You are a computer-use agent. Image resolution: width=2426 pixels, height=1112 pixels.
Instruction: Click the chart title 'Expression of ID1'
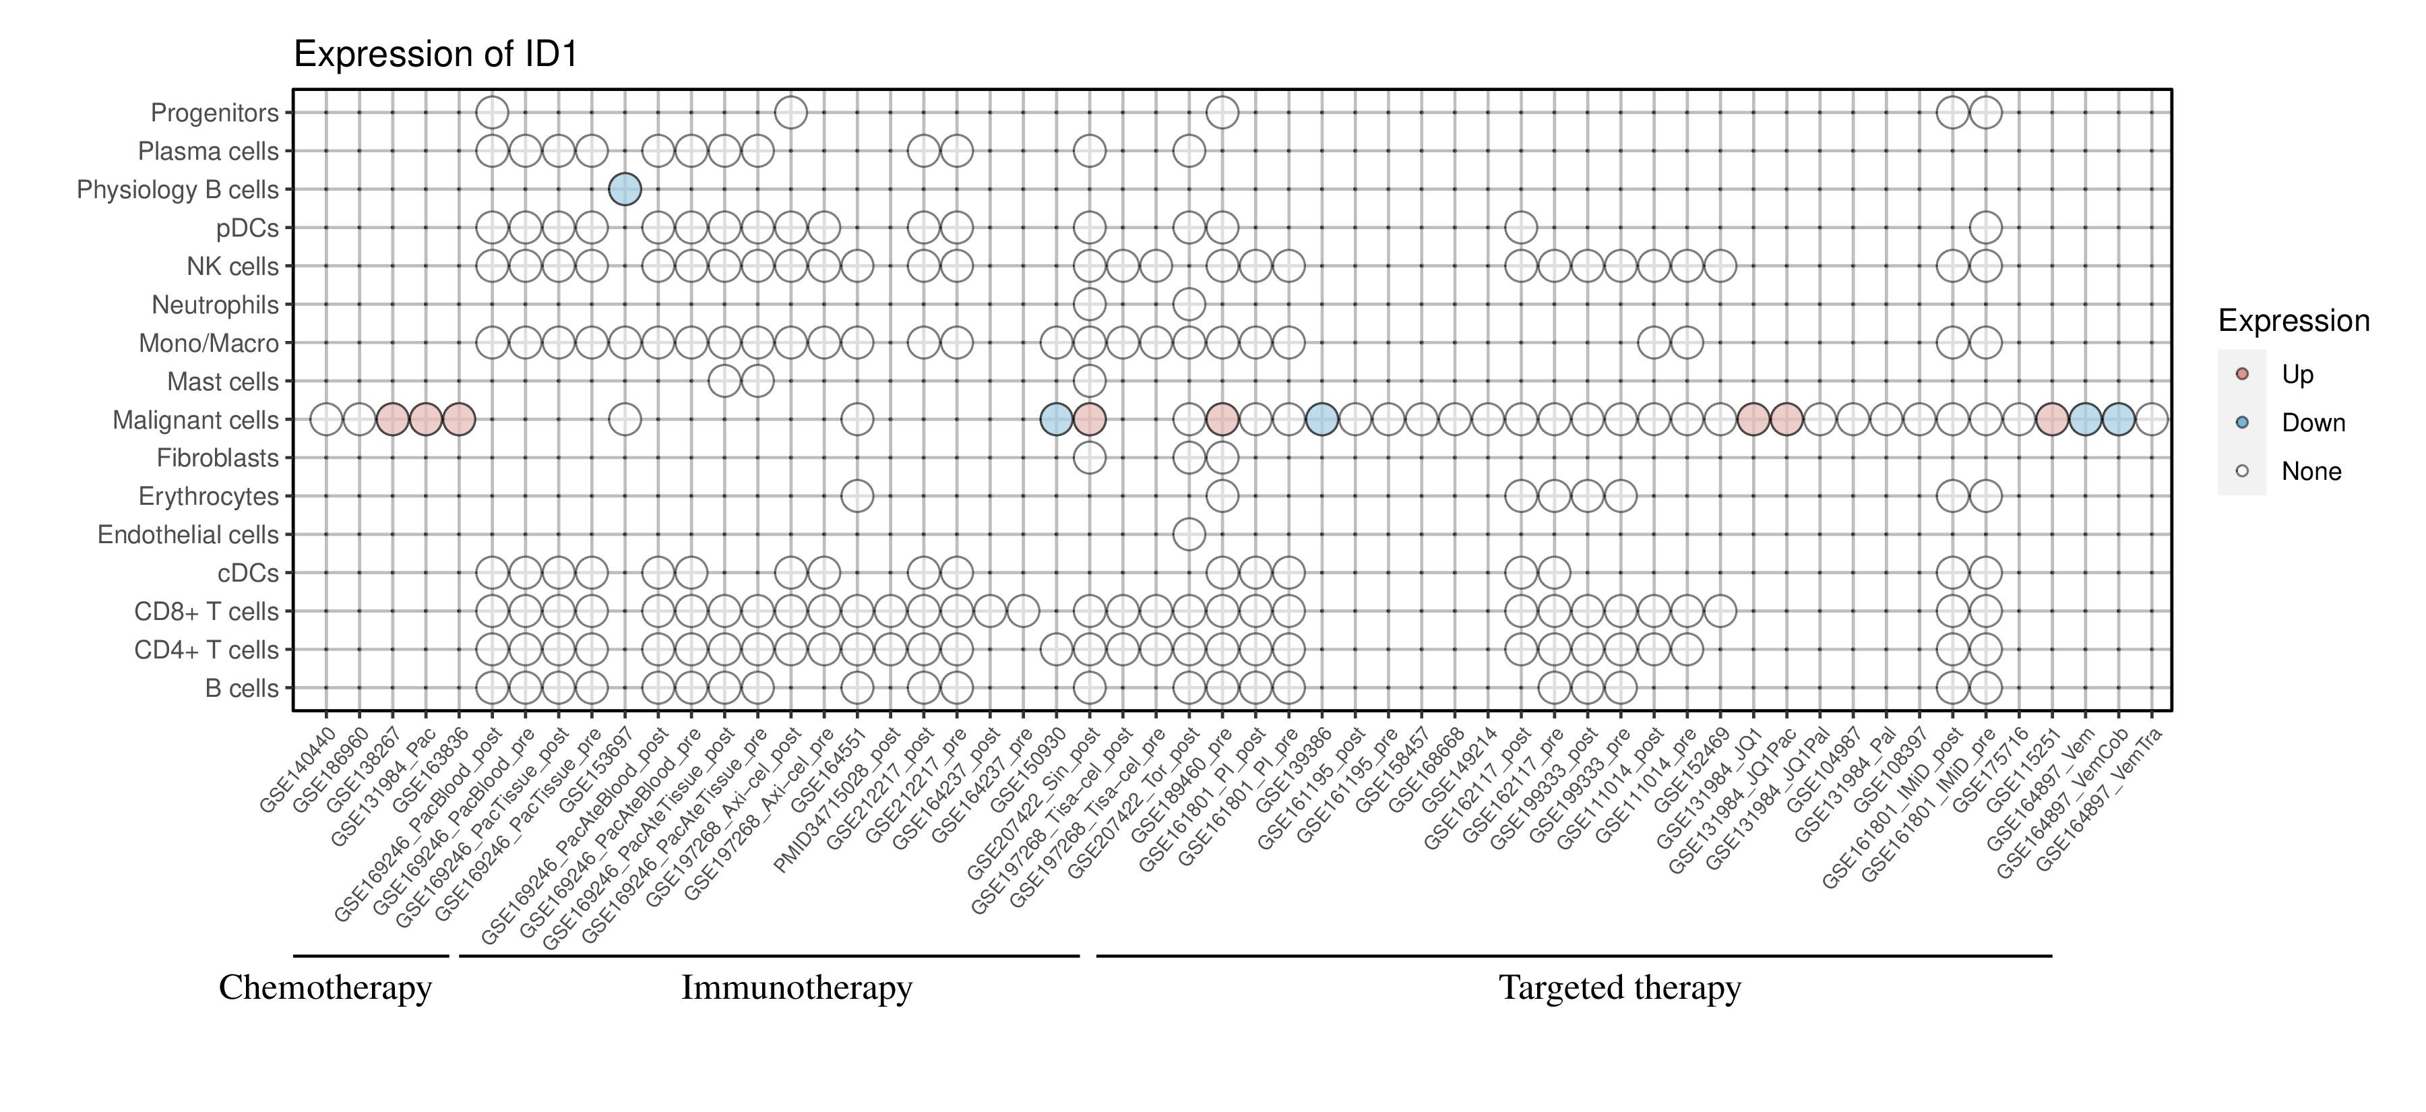(x=435, y=55)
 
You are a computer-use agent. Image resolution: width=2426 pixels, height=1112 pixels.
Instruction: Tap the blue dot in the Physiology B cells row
(x=625, y=189)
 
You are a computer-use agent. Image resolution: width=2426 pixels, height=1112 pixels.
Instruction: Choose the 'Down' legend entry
(x=2312, y=423)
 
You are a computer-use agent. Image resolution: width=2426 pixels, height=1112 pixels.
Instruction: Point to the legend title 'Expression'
(x=2293, y=321)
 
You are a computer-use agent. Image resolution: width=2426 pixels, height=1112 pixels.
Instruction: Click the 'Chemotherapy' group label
(x=325, y=988)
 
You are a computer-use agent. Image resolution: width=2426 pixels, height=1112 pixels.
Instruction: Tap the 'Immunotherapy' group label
(x=797, y=988)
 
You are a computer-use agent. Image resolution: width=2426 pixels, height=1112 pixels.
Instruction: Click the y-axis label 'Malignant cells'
(x=196, y=420)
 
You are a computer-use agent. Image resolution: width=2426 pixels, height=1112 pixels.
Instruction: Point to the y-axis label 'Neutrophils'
(x=215, y=305)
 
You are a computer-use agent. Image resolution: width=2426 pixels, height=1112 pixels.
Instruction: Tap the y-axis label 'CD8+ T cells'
(x=206, y=612)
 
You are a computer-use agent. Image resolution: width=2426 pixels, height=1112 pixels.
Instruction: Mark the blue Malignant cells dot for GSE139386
(x=1321, y=419)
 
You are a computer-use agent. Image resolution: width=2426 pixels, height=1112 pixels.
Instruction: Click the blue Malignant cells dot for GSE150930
(x=1056, y=419)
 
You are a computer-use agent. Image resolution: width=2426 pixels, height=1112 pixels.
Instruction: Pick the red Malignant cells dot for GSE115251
(x=2052, y=419)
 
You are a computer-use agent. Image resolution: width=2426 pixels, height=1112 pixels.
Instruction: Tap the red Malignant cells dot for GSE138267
(x=392, y=419)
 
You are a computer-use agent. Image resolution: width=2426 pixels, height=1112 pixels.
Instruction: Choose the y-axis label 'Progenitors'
(x=215, y=113)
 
